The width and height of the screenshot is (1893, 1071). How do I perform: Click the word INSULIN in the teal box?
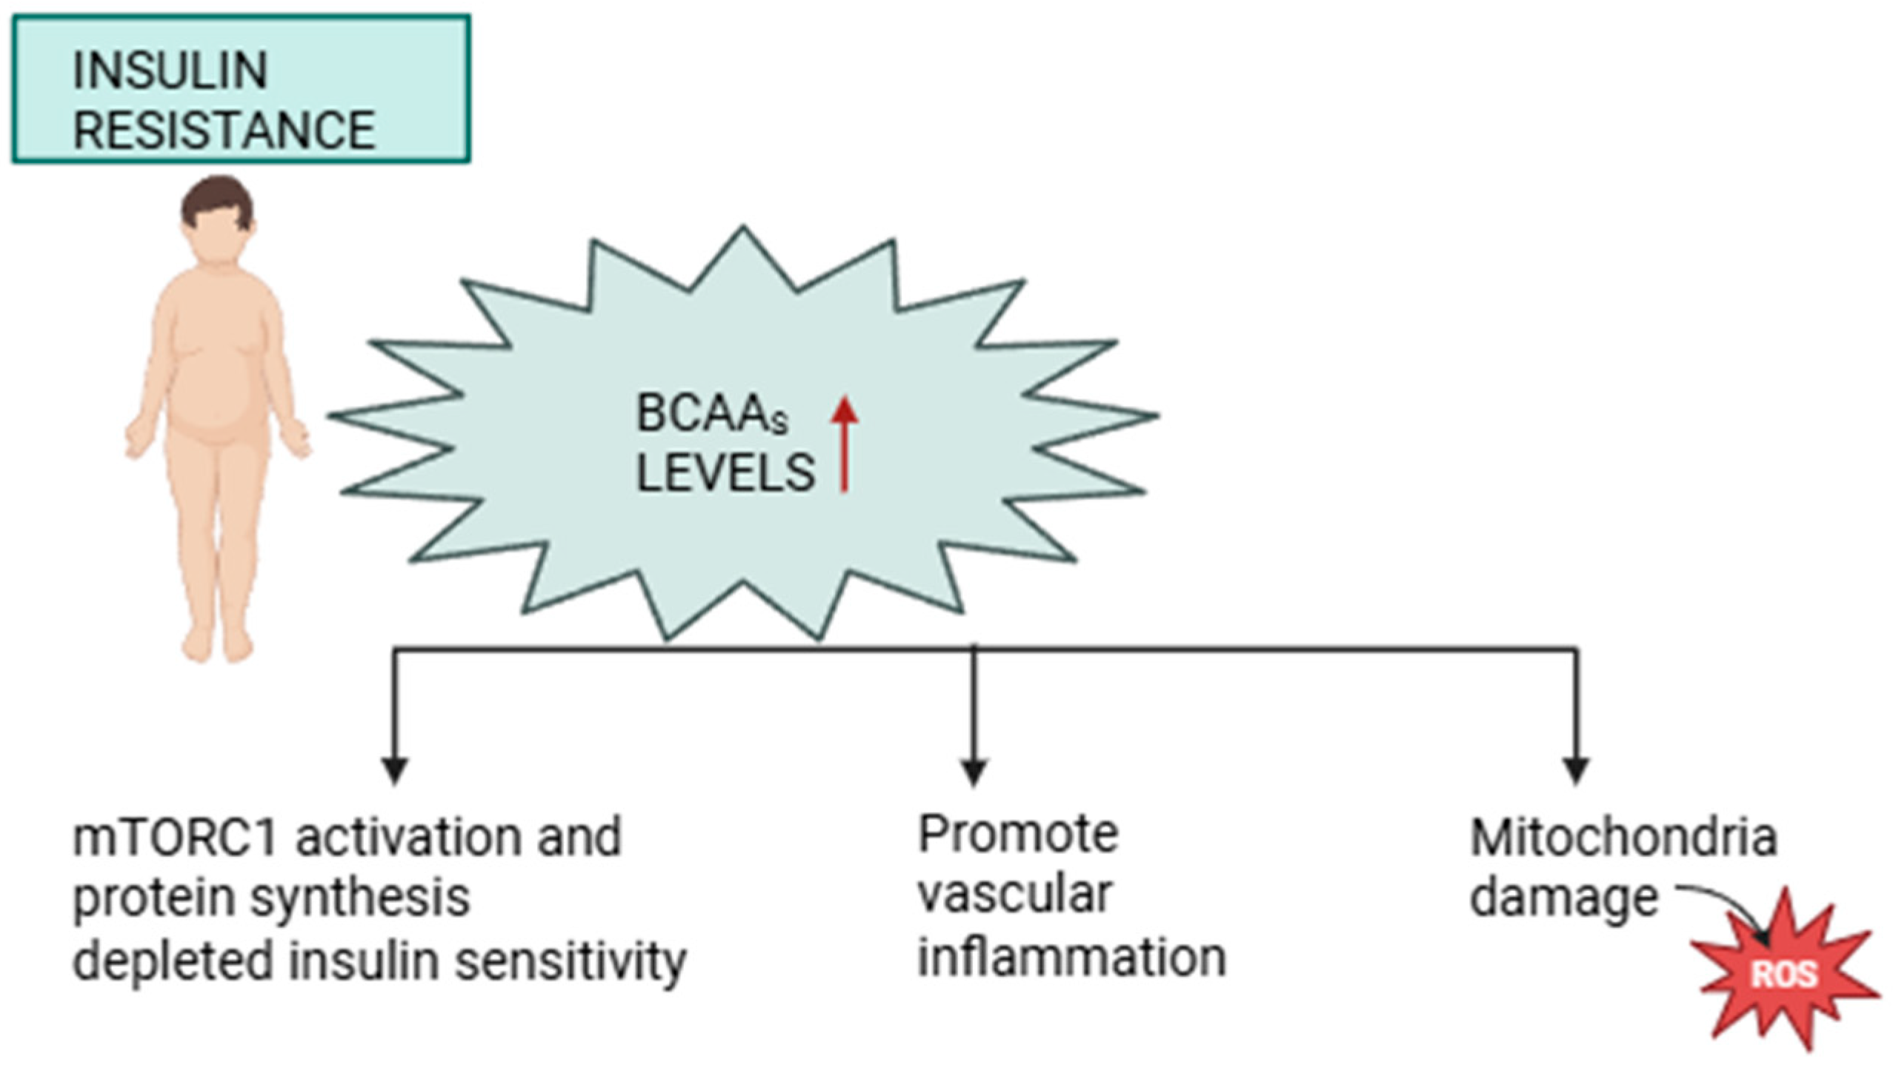(170, 71)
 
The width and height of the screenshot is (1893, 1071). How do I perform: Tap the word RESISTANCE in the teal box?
(224, 130)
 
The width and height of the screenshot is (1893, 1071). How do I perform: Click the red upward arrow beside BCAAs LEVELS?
(844, 444)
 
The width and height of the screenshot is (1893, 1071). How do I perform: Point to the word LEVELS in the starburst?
(725, 473)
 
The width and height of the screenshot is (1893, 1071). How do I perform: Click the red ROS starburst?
(1783, 972)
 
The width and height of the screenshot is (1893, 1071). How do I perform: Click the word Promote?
(1018, 834)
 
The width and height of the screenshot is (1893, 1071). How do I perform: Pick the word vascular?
(1015, 895)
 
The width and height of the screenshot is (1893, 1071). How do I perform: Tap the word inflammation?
(1072, 957)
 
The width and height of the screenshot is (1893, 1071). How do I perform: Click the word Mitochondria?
(1623, 838)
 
